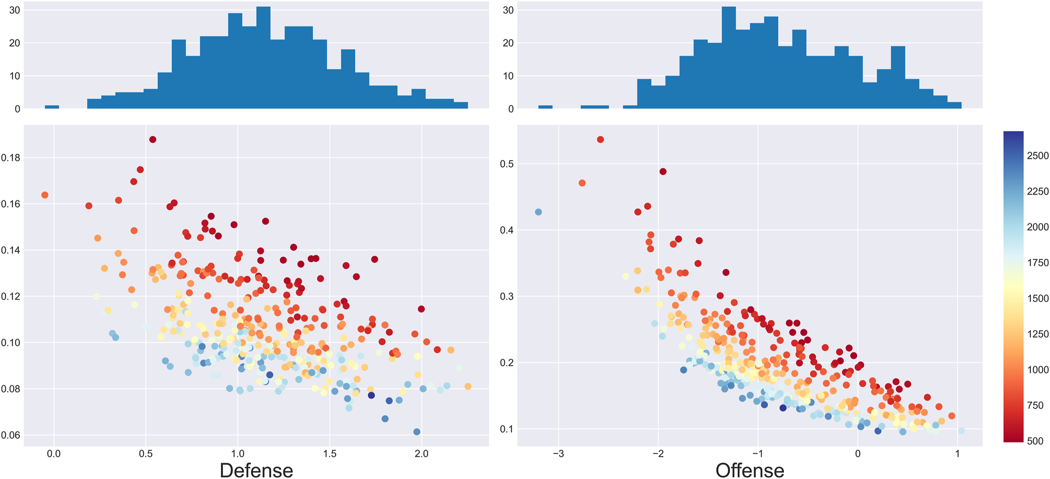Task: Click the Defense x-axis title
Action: click(256, 470)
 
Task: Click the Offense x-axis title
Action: click(750, 470)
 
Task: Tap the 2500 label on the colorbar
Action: click(1037, 156)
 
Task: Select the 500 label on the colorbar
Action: click(1035, 441)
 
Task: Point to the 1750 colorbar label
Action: click(1037, 263)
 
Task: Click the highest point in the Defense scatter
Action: click(153, 140)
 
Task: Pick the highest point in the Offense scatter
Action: click(600, 140)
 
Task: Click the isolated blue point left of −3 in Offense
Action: click(538, 212)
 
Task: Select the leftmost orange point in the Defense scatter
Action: click(45, 195)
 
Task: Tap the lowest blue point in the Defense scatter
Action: click(417, 432)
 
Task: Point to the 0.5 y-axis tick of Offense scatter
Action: click(506, 164)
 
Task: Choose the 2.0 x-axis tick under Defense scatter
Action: click(421, 454)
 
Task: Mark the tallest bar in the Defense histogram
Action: click(263, 58)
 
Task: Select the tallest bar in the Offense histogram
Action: click(729, 58)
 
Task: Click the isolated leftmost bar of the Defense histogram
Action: click(51, 107)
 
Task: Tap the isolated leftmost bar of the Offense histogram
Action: click(545, 107)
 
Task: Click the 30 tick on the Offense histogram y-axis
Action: click(508, 10)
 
